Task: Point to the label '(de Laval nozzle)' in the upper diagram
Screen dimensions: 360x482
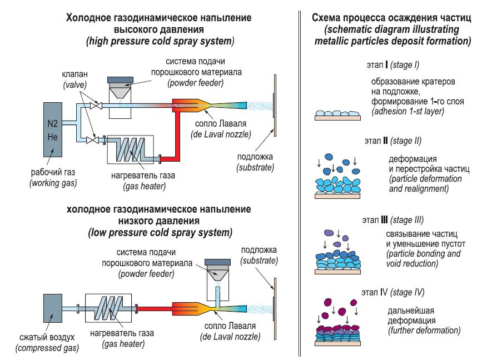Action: click(x=221, y=134)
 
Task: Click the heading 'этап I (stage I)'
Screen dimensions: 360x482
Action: click(x=392, y=65)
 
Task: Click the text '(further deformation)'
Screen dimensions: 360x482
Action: click(x=424, y=331)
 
